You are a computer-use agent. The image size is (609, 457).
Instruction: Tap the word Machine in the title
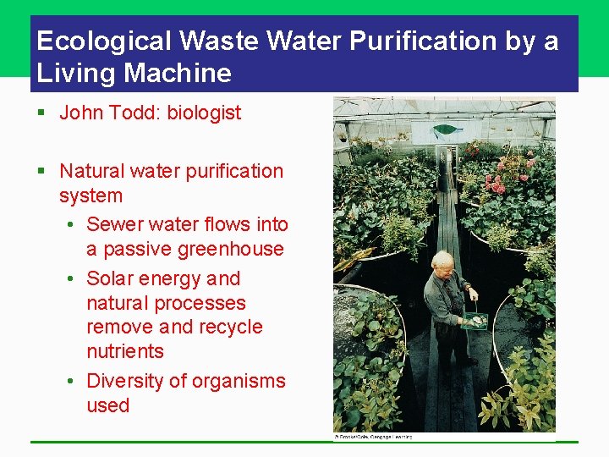coord(178,73)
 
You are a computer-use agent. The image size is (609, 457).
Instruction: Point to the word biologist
coord(204,113)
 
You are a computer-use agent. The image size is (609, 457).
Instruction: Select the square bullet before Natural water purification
coord(41,172)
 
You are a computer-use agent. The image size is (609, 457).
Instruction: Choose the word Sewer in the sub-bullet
coord(115,225)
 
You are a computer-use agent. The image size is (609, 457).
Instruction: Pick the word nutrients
coord(125,351)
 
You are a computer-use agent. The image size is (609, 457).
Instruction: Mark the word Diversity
coord(129,382)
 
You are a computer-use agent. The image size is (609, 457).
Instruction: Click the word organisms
coord(239,382)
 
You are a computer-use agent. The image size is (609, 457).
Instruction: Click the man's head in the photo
coord(442,262)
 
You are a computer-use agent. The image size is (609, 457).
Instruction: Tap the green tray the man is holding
coord(475,321)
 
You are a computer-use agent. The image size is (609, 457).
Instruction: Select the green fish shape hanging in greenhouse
coord(447,130)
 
